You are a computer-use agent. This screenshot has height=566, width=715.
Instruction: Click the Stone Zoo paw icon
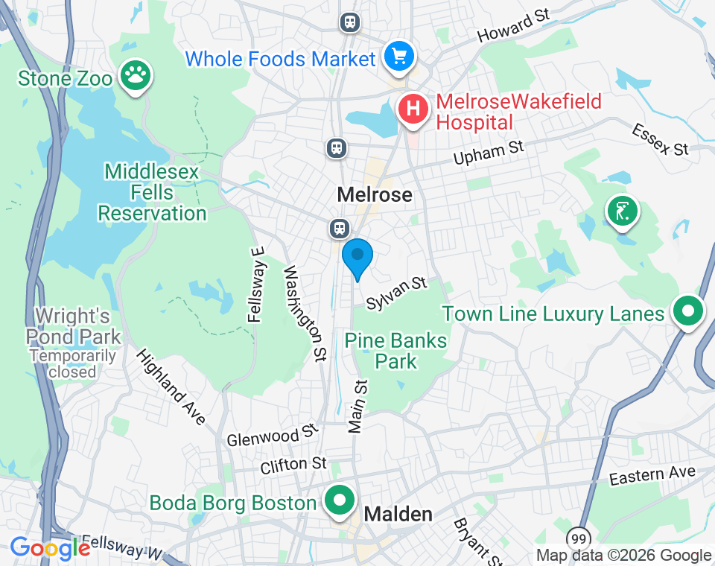click(135, 75)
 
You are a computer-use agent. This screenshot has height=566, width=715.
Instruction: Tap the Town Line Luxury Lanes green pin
click(689, 310)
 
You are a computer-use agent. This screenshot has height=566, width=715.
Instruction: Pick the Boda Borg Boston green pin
click(340, 500)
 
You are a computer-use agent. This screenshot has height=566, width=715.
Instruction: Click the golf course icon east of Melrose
click(623, 211)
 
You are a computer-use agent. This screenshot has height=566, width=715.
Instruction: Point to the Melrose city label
click(375, 195)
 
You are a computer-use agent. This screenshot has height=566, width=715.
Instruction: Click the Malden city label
click(398, 515)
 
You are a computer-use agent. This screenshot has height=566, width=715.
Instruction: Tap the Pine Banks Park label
click(395, 351)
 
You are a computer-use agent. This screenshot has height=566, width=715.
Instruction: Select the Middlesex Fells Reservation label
click(152, 193)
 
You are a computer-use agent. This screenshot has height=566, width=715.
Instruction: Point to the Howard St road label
click(513, 26)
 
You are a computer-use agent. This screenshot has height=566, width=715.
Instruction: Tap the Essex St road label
click(660, 140)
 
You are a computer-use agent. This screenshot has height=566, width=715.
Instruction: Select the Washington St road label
click(305, 313)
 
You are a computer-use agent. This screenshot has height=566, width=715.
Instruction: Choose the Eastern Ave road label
click(652, 474)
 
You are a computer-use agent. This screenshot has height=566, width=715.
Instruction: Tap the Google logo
click(50, 549)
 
